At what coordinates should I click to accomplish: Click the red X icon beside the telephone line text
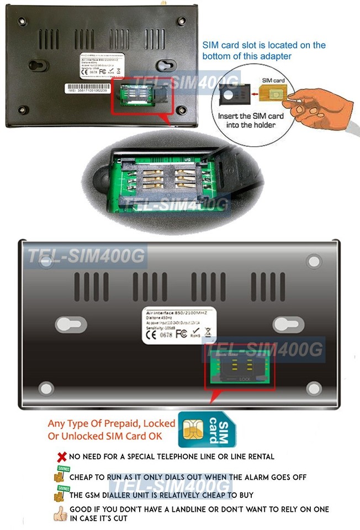point(61,457)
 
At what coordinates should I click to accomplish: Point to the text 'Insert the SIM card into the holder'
point(251,120)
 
